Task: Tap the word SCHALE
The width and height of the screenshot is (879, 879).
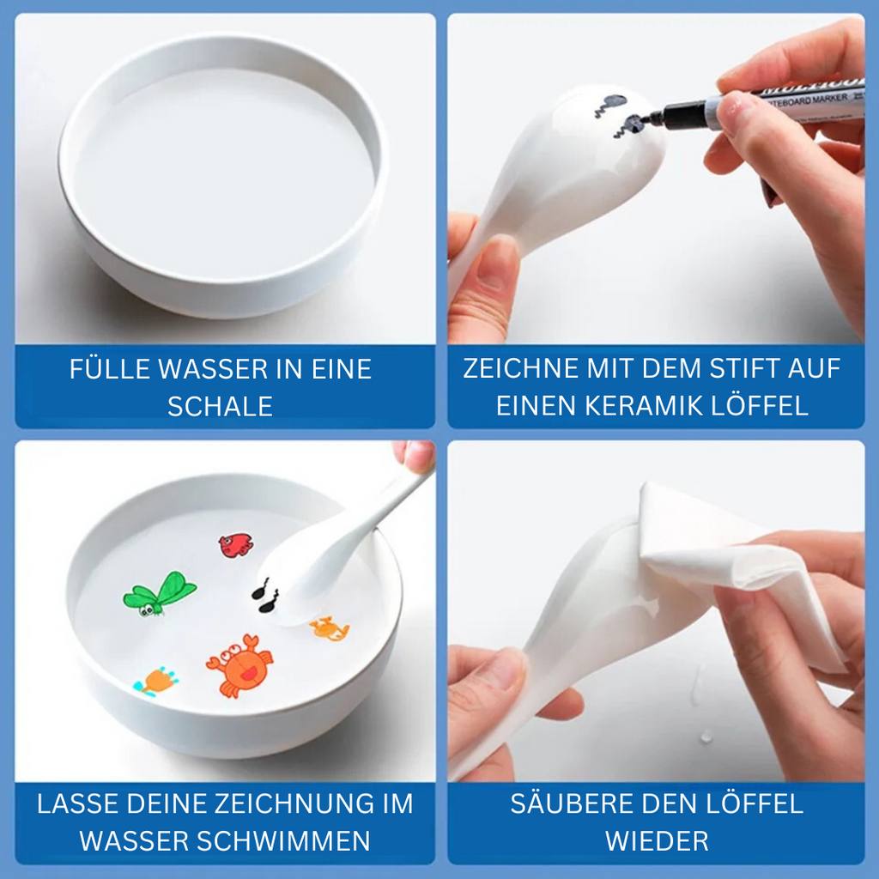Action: click(220, 406)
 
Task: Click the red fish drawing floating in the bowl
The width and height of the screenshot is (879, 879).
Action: click(235, 544)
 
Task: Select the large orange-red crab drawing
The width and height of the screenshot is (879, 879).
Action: click(239, 664)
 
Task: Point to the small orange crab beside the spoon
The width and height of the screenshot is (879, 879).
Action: click(330, 629)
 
